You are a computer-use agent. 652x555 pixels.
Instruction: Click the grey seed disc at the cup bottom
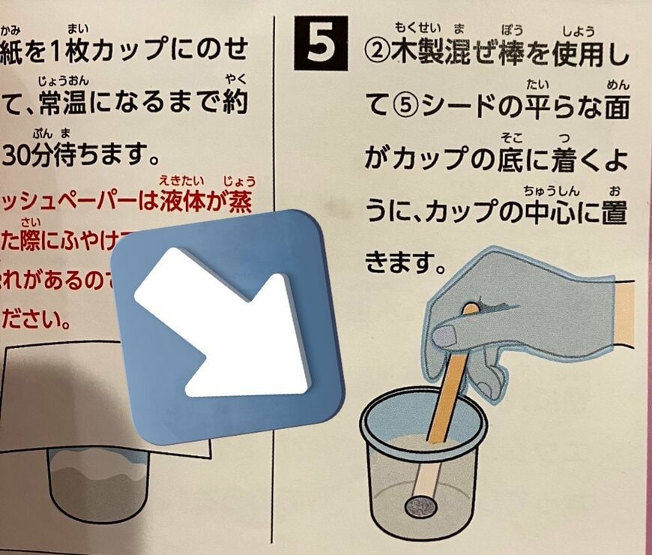[x=421, y=508]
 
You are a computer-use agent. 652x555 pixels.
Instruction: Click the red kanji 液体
[x=183, y=202]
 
